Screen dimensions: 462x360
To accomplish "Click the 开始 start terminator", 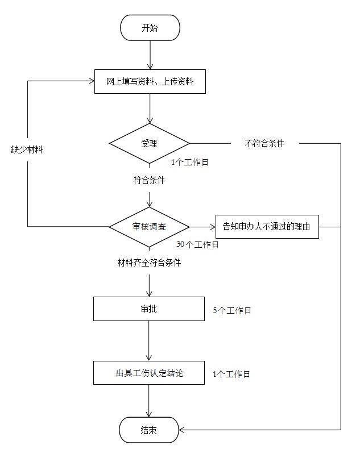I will [x=150, y=28].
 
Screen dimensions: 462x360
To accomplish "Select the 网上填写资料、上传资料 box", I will [x=150, y=81].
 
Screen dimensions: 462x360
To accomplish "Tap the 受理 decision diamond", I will [x=150, y=143].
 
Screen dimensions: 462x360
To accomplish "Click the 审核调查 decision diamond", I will [x=150, y=226].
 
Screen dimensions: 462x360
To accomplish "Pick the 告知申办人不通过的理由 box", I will [x=267, y=226].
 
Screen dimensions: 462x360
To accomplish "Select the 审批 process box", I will [x=148, y=309].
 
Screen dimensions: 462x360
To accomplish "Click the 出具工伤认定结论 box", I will [x=148, y=373].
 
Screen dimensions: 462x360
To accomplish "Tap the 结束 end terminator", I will [x=149, y=430].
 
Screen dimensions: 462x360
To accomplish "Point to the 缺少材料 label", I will [x=27, y=150].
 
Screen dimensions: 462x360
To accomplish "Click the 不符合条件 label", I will [x=264, y=144].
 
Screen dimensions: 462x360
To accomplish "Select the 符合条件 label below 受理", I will [x=149, y=180].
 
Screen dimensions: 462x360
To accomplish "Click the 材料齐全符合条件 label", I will [x=149, y=263].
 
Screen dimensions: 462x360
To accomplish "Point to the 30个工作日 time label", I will [x=197, y=244].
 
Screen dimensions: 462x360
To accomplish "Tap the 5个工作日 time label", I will [x=231, y=311].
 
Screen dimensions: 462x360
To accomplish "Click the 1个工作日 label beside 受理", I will [x=190, y=162].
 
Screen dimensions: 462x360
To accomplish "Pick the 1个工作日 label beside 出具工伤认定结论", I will [x=231, y=374].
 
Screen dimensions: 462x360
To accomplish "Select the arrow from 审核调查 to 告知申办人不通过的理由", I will [x=202, y=226].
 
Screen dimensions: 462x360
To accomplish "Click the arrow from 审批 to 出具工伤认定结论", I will [x=148, y=341].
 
